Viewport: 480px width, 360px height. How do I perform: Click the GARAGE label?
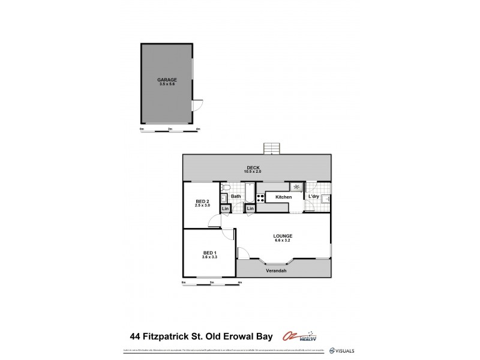[167, 79]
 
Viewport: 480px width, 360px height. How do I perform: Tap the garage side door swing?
[198, 106]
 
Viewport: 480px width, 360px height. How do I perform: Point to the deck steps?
[272, 148]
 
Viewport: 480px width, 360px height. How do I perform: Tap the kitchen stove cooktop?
[260, 197]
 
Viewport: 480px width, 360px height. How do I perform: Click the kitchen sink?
[296, 187]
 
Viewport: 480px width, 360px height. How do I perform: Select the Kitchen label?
[283, 197]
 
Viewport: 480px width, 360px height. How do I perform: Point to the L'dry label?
[313, 197]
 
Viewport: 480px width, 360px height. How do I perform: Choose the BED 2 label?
[202, 201]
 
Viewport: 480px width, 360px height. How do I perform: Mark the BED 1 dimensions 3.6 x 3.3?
[209, 257]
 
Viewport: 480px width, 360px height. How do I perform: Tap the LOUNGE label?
[282, 236]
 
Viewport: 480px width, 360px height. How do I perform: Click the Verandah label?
[277, 271]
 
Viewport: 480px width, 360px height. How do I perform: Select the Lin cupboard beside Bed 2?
[225, 208]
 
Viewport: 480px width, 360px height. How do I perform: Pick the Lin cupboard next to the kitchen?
[250, 208]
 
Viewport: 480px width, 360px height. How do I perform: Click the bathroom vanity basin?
[223, 198]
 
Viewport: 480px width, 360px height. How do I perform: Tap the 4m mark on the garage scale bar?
[198, 129]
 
